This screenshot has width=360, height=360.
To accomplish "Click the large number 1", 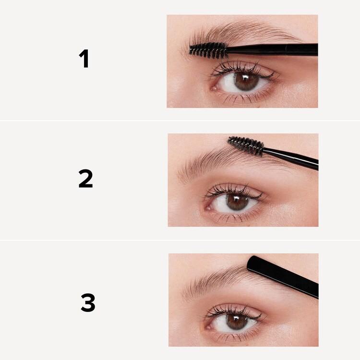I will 84,59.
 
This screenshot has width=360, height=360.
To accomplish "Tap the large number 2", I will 85,179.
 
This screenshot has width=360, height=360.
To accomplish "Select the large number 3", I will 88,303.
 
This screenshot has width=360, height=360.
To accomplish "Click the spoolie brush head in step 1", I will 208,50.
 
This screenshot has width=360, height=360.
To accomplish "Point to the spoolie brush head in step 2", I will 245,145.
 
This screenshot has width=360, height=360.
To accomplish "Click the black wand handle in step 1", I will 274,49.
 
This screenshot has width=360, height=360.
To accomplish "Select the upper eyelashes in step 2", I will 230,189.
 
